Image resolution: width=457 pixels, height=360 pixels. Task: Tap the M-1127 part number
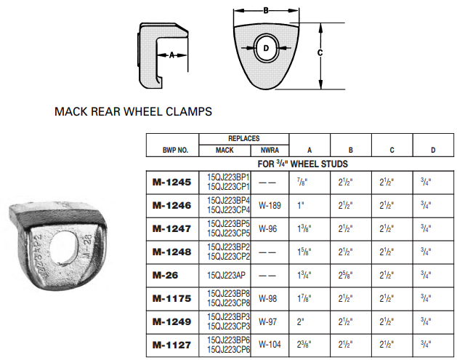coord(171,344)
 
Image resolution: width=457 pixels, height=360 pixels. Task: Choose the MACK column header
coord(225,151)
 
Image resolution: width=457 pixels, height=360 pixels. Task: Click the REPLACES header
coord(244,138)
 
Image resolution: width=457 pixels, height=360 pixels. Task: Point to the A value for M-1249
coord(302,321)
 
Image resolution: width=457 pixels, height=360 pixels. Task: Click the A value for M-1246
coord(302,206)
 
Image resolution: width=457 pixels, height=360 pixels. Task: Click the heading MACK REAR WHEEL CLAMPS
coord(133,112)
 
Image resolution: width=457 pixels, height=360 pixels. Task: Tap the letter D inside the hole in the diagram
coord(266,49)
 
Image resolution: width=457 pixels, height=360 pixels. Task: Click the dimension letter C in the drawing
coord(320,52)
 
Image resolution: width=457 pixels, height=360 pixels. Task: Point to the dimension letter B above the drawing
coord(266,10)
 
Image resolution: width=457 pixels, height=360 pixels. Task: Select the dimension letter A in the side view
coord(172,55)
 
